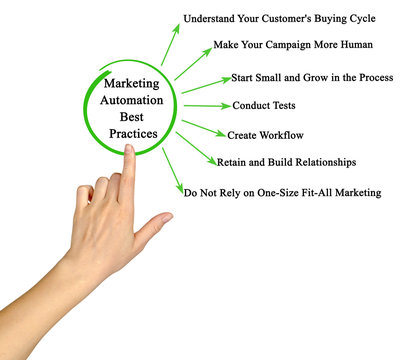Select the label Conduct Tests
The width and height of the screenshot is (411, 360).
coord(263,105)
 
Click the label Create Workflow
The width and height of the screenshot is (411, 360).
coord(265,134)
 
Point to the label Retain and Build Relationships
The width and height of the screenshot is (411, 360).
coord(286,161)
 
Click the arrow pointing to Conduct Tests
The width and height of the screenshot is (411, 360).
coord(207,105)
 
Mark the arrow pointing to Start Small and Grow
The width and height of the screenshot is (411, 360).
coord(204,85)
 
